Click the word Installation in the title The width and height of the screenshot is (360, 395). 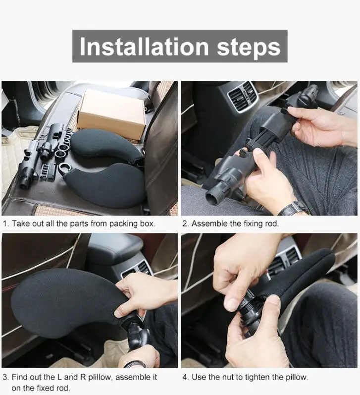pyautogui.click(x=144, y=47)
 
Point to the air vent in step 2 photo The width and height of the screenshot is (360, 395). pyautogui.click(x=243, y=97)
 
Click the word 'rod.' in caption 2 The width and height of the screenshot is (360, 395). pyautogui.click(x=272, y=224)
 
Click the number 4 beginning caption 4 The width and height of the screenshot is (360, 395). pyautogui.click(x=185, y=377)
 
